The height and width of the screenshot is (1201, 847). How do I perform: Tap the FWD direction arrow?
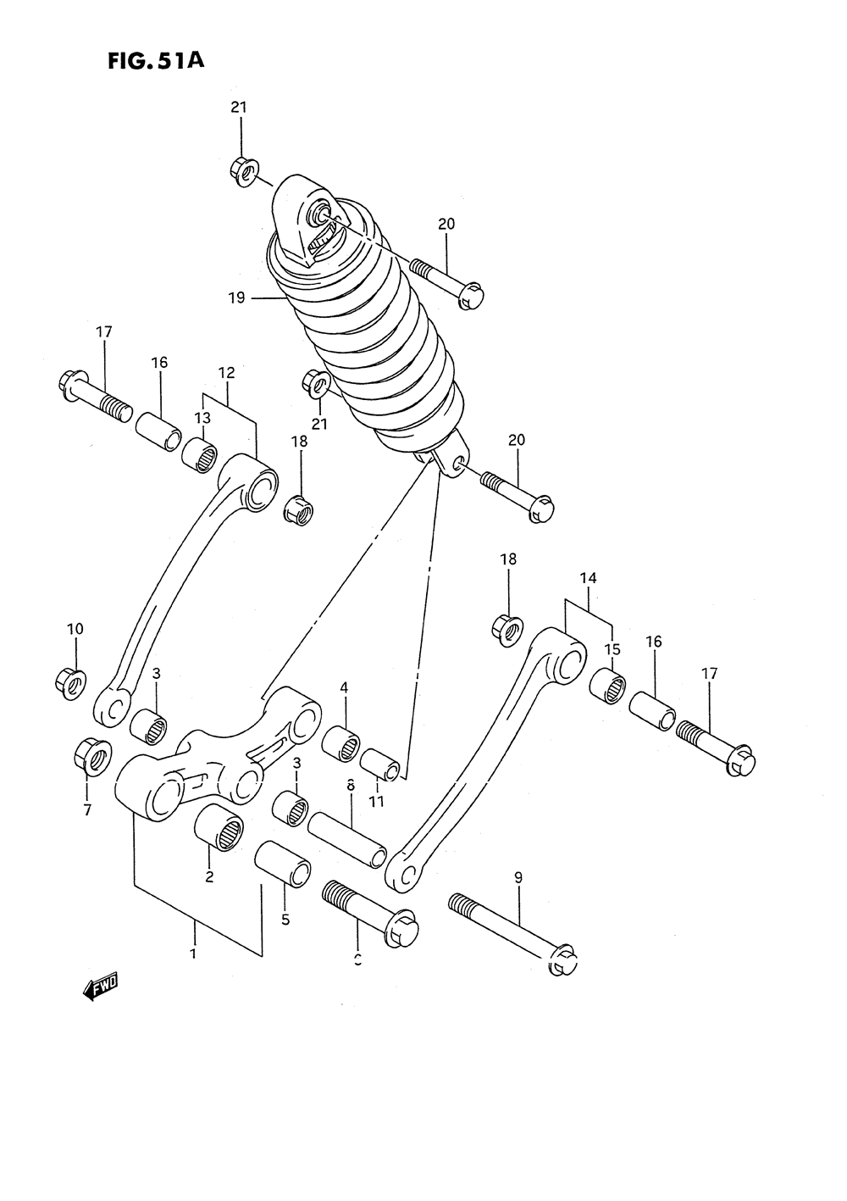click(100, 987)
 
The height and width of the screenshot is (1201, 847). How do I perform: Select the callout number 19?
click(235, 297)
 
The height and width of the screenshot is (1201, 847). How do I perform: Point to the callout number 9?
click(518, 878)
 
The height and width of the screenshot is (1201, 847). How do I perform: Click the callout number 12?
click(226, 372)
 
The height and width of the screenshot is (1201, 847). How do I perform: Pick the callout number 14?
click(589, 578)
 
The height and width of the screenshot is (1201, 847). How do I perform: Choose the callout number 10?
click(75, 629)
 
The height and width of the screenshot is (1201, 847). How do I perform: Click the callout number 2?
click(209, 876)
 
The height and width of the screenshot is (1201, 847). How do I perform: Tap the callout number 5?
click(285, 919)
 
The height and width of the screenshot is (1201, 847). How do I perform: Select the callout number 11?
click(377, 800)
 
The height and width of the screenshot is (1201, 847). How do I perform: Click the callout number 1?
click(194, 954)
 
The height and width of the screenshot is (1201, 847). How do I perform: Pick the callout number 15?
click(612, 649)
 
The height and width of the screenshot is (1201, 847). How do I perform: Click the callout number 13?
click(202, 418)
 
